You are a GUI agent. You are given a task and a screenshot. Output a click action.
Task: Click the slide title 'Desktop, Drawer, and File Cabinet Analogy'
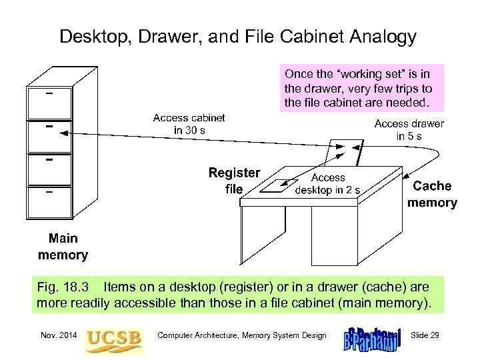(x=237, y=36)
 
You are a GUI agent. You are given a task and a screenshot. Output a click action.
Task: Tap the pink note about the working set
(x=359, y=87)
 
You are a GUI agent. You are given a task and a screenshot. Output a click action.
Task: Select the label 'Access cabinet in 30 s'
(x=189, y=124)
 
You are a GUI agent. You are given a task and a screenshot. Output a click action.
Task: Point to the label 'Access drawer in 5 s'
(x=409, y=130)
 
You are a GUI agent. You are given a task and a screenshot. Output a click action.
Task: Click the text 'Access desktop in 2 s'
(x=328, y=183)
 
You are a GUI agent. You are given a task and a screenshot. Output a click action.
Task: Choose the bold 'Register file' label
(x=234, y=180)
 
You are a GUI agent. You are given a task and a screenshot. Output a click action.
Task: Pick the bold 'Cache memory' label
(x=432, y=194)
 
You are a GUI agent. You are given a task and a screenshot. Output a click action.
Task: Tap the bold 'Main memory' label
(x=63, y=247)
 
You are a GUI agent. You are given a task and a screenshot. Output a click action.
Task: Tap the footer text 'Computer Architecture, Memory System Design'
(x=241, y=335)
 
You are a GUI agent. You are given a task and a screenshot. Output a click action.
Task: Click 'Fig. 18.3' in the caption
(x=57, y=287)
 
